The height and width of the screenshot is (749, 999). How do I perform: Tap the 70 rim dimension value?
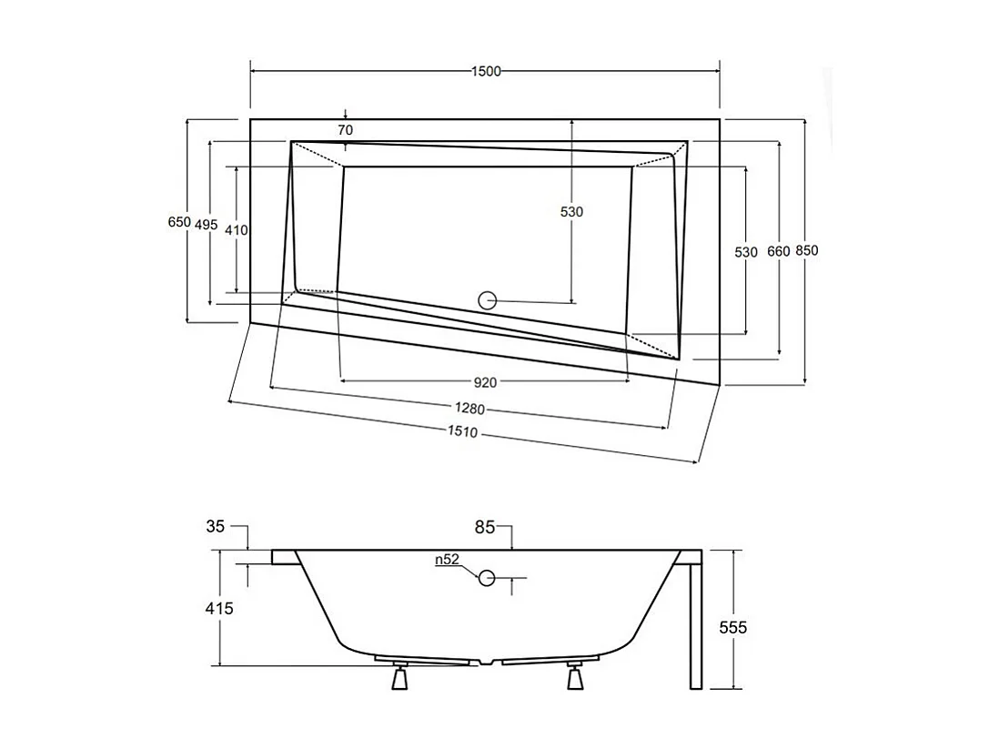[x=345, y=130]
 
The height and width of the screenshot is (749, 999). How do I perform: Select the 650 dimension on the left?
[x=179, y=222]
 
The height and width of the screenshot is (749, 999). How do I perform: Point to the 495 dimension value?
[x=207, y=226]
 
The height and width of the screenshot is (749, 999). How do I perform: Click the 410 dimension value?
[x=236, y=230]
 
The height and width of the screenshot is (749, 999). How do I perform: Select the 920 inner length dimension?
[x=485, y=381]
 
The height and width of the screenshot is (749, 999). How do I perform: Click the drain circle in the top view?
[x=488, y=300]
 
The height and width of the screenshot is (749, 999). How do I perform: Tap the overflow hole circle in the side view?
[x=487, y=577]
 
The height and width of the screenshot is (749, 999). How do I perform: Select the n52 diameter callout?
[x=446, y=560]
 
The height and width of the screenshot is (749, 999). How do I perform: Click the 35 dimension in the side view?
[x=216, y=525]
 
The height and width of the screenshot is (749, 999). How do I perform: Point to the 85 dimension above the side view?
[x=485, y=525]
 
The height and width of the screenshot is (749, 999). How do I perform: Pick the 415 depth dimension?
[x=218, y=608]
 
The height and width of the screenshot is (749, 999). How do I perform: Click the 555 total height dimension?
[x=732, y=627]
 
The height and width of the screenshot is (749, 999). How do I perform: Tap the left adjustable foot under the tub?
[x=398, y=677]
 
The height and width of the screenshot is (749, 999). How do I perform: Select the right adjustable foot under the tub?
[x=574, y=677]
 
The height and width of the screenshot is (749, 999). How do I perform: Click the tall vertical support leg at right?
[x=695, y=622]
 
